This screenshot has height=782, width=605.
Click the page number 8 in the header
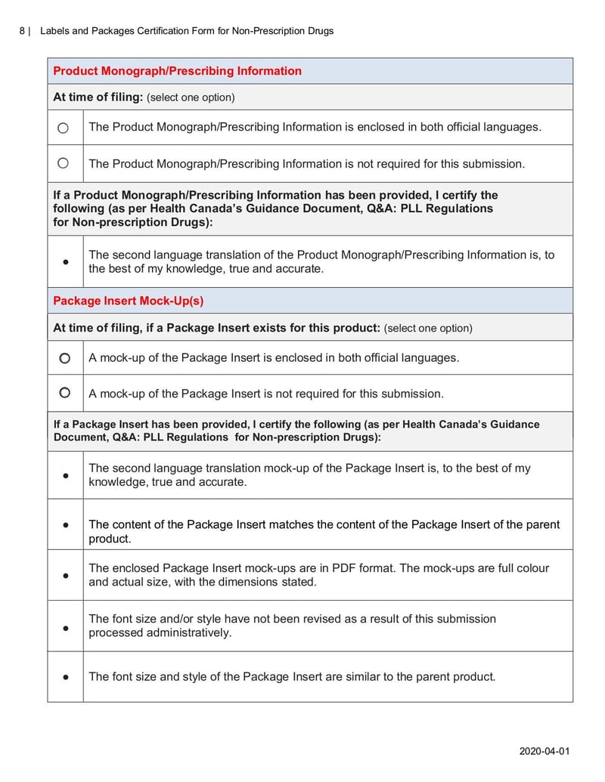coord(22,31)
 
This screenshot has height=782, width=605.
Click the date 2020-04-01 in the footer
coord(544,751)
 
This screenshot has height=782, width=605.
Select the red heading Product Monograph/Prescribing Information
coord(177,71)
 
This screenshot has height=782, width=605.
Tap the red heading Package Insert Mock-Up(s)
coord(128,301)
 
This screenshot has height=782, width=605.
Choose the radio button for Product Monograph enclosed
coord(64,128)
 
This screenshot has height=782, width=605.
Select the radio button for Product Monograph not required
coord(64,163)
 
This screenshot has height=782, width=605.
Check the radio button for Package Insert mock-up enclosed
coord(65,357)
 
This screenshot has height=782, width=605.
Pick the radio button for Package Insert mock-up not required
coord(65,393)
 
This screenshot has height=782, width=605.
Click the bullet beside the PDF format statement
coord(66,575)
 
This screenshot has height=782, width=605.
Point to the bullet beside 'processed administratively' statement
coord(66,626)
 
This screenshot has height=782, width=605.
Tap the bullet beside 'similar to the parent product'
coord(66,677)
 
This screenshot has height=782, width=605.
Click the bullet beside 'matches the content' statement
coord(66,524)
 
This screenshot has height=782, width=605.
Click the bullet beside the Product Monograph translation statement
coord(66,261)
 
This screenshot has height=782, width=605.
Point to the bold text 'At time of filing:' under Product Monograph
coord(98,97)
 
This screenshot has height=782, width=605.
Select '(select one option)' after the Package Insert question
coord(428,328)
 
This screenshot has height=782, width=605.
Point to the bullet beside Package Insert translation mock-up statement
coord(66,475)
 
